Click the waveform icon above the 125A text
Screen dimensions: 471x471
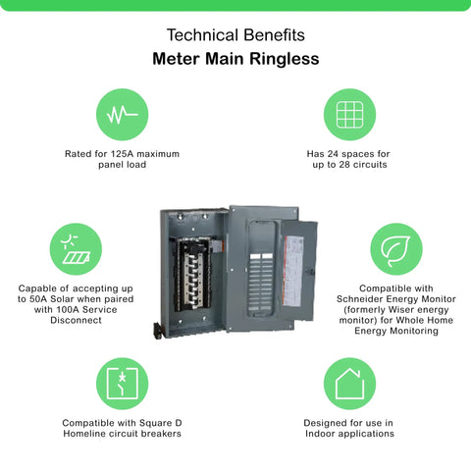(122, 115)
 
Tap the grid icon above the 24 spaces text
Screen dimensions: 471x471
(349, 115)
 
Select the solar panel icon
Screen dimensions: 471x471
(76, 249)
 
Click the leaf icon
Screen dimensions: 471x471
(395, 250)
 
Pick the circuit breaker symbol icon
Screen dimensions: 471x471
(122, 384)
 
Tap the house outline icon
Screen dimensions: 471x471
(349, 384)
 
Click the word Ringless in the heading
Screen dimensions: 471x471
(285, 59)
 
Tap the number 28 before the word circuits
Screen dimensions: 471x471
(344, 164)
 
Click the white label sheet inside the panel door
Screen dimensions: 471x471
(292, 271)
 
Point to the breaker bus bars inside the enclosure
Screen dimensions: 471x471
(193, 276)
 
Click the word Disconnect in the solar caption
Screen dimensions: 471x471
(76, 320)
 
